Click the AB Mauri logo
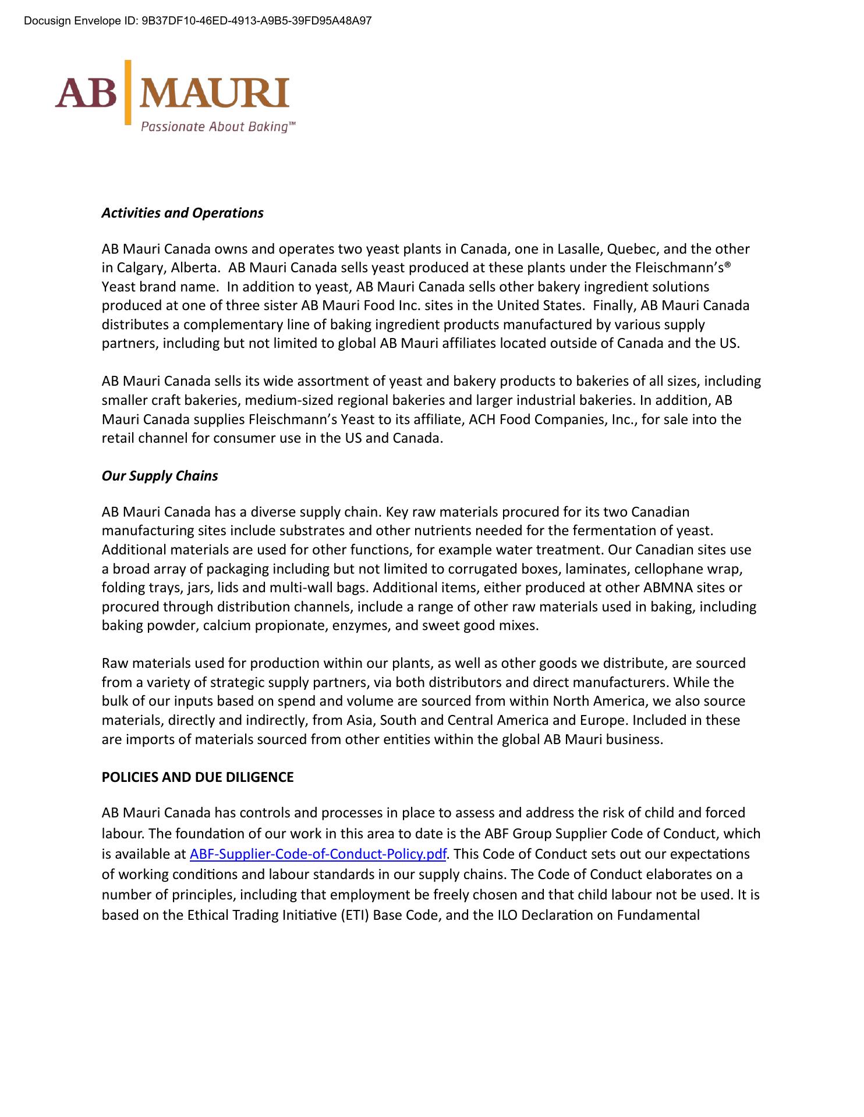point(173,93)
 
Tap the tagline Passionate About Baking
point(218,127)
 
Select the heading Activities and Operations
point(182,213)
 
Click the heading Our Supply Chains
point(160,476)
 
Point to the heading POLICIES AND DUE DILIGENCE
point(197,777)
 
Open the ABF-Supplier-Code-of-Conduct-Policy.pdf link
point(318,854)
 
